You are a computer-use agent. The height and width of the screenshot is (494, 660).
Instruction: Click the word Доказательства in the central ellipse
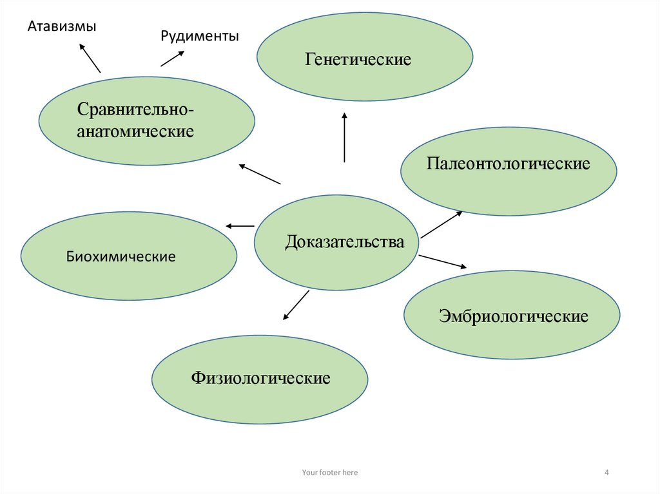point(345,242)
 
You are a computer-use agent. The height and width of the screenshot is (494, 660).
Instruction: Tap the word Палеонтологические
point(508,164)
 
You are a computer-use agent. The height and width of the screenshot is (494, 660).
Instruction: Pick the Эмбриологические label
point(513,316)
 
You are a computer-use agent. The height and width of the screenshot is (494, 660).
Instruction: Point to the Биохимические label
point(121,256)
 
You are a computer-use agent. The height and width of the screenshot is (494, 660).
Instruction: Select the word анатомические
point(135,132)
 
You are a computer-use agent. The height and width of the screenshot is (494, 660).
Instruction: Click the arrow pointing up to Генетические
point(345,137)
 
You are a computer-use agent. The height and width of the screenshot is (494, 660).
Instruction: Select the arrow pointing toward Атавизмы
point(89,57)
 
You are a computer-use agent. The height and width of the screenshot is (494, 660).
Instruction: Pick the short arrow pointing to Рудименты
point(171,58)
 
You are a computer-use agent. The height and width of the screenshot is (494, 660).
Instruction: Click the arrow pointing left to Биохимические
point(240,226)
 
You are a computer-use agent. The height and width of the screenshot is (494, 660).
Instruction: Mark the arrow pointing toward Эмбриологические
point(442,261)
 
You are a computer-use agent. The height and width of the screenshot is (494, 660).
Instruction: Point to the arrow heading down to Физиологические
point(296,305)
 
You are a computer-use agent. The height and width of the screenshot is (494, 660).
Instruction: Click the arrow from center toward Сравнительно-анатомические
point(260,174)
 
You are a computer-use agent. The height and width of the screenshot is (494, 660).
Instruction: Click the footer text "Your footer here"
point(329,473)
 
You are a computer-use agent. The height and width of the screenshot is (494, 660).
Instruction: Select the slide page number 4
point(607,473)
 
